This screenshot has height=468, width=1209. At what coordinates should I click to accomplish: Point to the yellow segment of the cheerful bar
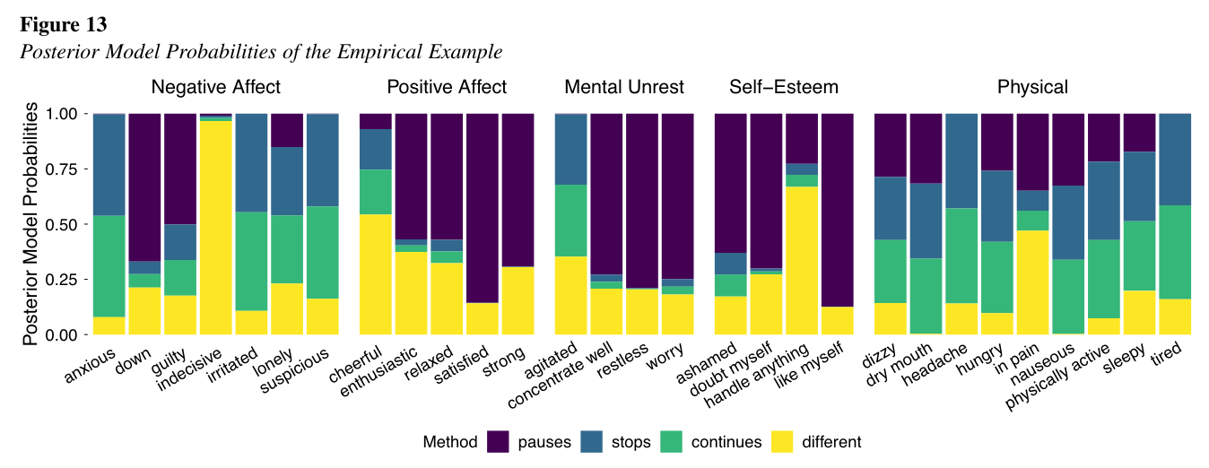pos(376,274)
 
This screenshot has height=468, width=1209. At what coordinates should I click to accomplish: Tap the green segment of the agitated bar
pos(571,221)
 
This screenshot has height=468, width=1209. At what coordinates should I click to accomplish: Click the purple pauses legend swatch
pos(498,442)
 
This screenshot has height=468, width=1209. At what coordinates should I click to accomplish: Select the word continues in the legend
pos(726,442)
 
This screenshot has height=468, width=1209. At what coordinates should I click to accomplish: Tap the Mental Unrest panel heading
pos(624,87)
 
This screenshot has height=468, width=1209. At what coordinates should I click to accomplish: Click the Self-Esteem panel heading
pos(783,87)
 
